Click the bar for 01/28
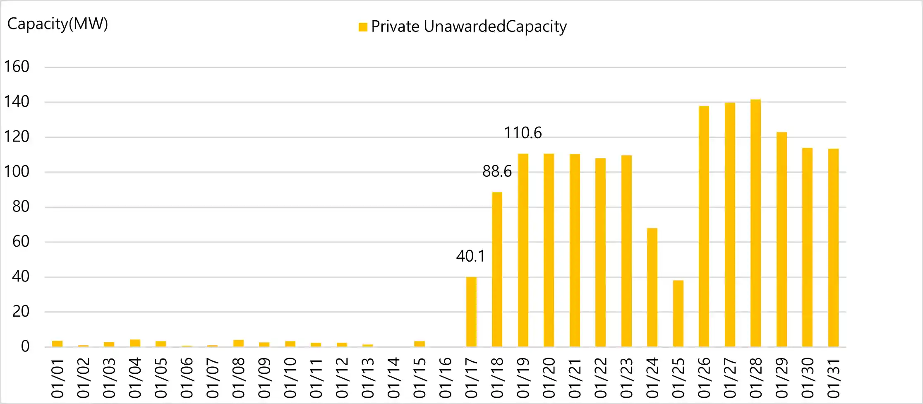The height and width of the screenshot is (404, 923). click(x=755, y=224)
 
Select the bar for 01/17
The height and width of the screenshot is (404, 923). click(x=471, y=312)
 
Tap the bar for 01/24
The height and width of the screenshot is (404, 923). click(x=652, y=287)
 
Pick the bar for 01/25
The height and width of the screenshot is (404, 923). click(x=678, y=313)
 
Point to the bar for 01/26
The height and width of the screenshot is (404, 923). click(x=704, y=226)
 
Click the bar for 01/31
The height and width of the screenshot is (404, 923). click(x=833, y=248)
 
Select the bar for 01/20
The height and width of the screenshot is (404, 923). click(x=549, y=250)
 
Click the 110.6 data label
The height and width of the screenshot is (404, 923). click(x=523, y=133)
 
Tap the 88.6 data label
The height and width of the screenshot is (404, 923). click(x=497, y=171)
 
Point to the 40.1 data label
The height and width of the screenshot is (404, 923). click(x=470, y=256)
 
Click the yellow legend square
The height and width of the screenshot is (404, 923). click(x=363, y=27)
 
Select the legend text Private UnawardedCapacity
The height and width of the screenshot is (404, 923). click(x=469, y=26)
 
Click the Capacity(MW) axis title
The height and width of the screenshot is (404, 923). click(x=58, y=24)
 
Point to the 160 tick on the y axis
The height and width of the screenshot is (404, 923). click(x=17, y=67)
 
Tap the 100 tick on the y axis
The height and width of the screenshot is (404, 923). click(x=17, y=172)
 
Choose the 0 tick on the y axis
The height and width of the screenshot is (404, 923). click(x=25, y=346)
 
